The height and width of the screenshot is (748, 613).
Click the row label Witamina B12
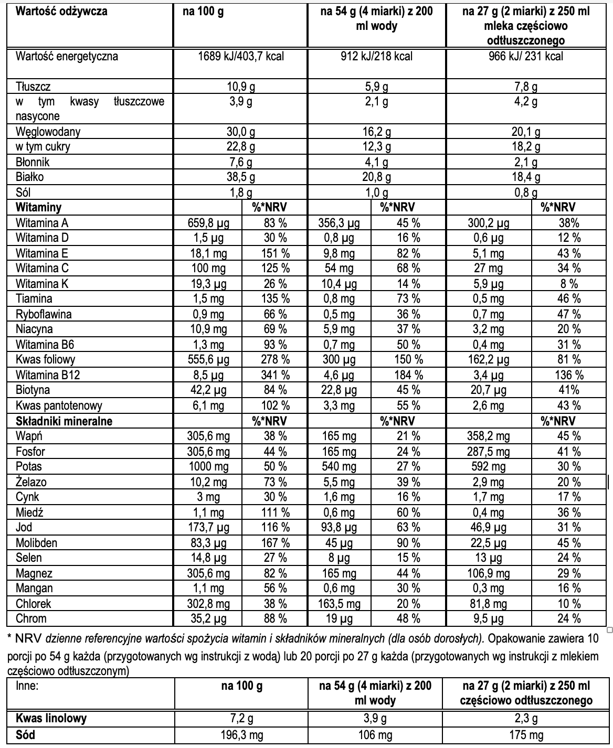coord(48,375)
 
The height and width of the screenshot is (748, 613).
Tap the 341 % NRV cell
coord(275,375)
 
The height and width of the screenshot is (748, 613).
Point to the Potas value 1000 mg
coord(208,467)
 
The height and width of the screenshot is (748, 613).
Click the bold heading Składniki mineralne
coord(64,421)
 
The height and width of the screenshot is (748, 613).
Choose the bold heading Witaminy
coord(39,207)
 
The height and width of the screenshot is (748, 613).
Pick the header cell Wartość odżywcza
coord(62,12)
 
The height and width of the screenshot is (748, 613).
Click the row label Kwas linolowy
coord(51,719)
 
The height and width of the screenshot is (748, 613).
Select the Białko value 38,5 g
coord(240,177)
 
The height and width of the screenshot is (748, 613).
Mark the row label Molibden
coord(36,543)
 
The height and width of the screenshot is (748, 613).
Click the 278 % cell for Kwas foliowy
coord(275,360)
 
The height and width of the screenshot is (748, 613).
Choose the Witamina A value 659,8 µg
coord(208,223)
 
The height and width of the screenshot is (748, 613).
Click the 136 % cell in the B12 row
coord(569,375)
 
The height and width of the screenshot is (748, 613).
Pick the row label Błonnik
coord(33,162)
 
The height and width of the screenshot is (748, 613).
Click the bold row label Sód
coord(25,734)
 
